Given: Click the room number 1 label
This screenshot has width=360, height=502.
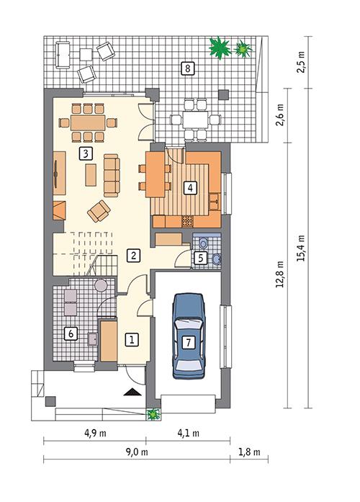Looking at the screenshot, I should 131,337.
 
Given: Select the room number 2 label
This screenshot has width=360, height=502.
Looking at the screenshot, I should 132,254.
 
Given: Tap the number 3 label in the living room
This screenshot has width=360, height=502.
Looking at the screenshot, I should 85,153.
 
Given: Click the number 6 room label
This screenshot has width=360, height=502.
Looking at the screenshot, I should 71,333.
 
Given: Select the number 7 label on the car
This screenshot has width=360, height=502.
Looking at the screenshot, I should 188,342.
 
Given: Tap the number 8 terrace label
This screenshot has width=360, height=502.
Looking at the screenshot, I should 187,68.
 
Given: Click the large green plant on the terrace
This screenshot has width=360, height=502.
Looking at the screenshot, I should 219,48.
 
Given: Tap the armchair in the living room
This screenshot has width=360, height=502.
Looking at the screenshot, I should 99,210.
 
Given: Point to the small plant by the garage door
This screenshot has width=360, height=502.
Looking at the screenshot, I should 153,414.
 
